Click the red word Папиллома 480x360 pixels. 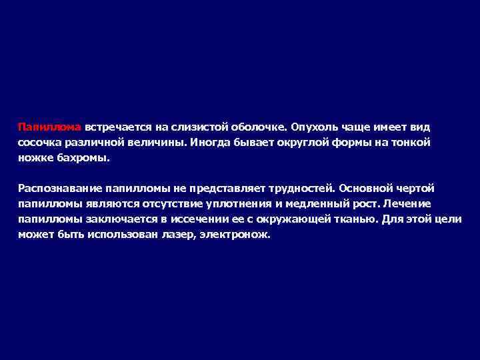pos(49,126)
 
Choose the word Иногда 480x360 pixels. pos(211,142)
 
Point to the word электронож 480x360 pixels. pos(234,236)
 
